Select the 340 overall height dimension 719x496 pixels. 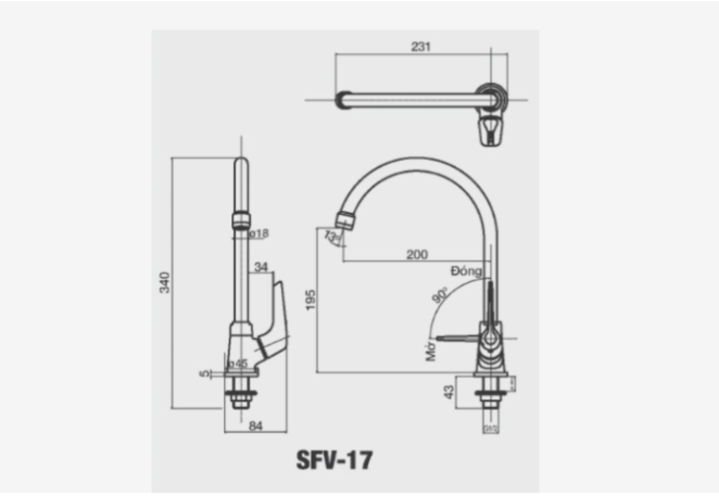[x=164, y=282]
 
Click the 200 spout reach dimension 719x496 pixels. [x=417, y=254]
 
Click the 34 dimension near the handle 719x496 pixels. [x=262, y=267]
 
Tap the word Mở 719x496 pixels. [x=430, y=353]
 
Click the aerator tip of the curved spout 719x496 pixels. [x=348, y=220]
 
